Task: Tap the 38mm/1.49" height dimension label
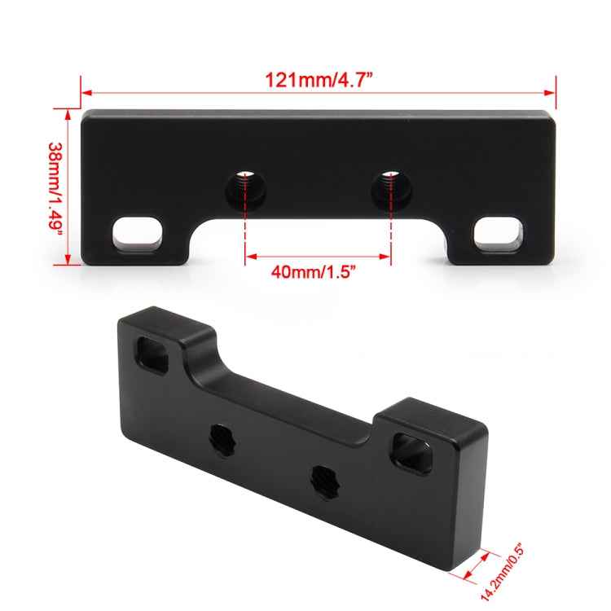coord(54,187)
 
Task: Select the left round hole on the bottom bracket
coord(221,435)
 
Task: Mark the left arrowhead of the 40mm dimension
coord(249,258)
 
